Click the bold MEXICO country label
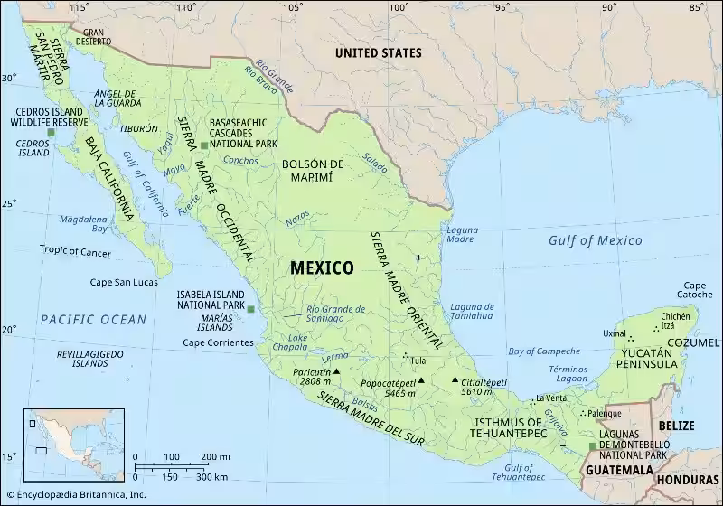pyautogui.click(x=322, y=267)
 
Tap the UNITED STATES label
pyautogui.click(x=380, y=53)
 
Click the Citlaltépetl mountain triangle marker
pyautogui.click(x=455, y=379)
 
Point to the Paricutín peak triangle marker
pyautogui.click(x=336, y=371)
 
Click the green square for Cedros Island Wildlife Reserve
pyautogui.click(x=52, y=133)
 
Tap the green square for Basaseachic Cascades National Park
pyautogui.click(x=204, y=145)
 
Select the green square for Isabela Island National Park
pyautogui.click(x=251, y=310)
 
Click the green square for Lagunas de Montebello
pyautogui.click(x=591, y=445)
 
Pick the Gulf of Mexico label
pyautogui.click(x=595, y=240)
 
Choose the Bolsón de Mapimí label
pyautogui.click(x=313, y=170)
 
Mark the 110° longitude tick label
pyautogui.click(x=187, y=7)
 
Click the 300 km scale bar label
pyautogui.click(x=211, y=476)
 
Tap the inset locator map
pyautogui.click(x=57, y=437)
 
